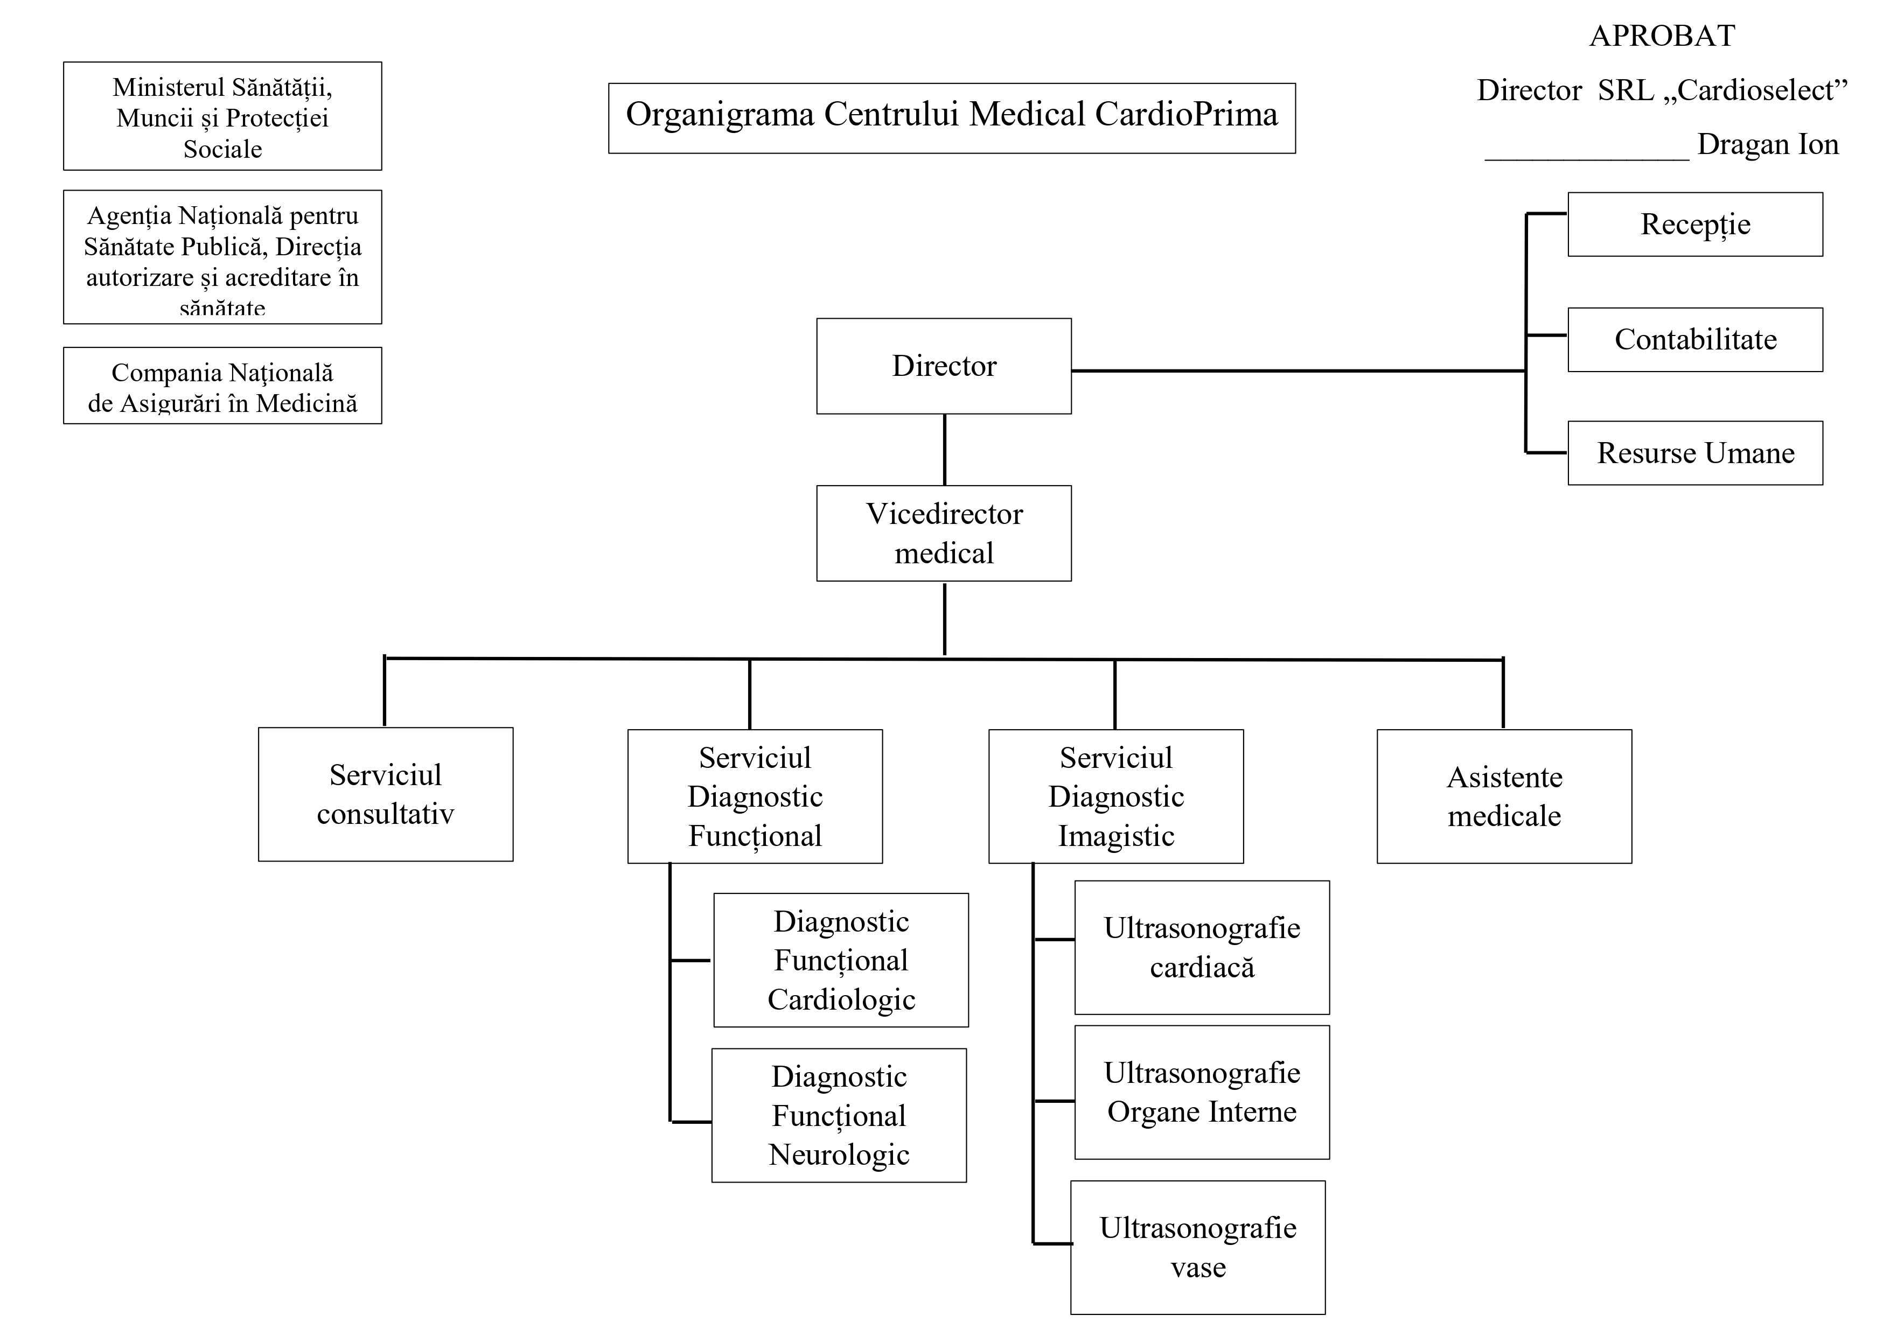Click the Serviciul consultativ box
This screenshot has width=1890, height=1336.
385,794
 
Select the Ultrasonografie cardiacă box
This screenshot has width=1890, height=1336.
1201,947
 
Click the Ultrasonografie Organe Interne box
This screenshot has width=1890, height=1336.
1201,1093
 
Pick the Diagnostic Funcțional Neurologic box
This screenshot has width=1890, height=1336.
838,1115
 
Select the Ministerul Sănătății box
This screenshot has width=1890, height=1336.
222,117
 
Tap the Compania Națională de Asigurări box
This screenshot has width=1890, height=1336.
222,386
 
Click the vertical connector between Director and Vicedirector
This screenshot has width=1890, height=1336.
944,450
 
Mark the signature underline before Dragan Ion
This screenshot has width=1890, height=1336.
1586,159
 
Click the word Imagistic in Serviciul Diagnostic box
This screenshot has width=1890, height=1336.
1115,836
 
